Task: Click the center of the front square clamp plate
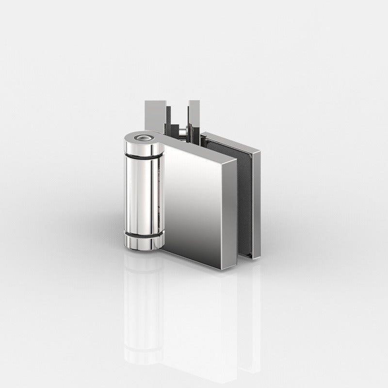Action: tap(193, 204)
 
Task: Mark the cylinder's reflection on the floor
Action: tap(141, 310)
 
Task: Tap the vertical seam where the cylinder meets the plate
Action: tap(163, 199)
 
